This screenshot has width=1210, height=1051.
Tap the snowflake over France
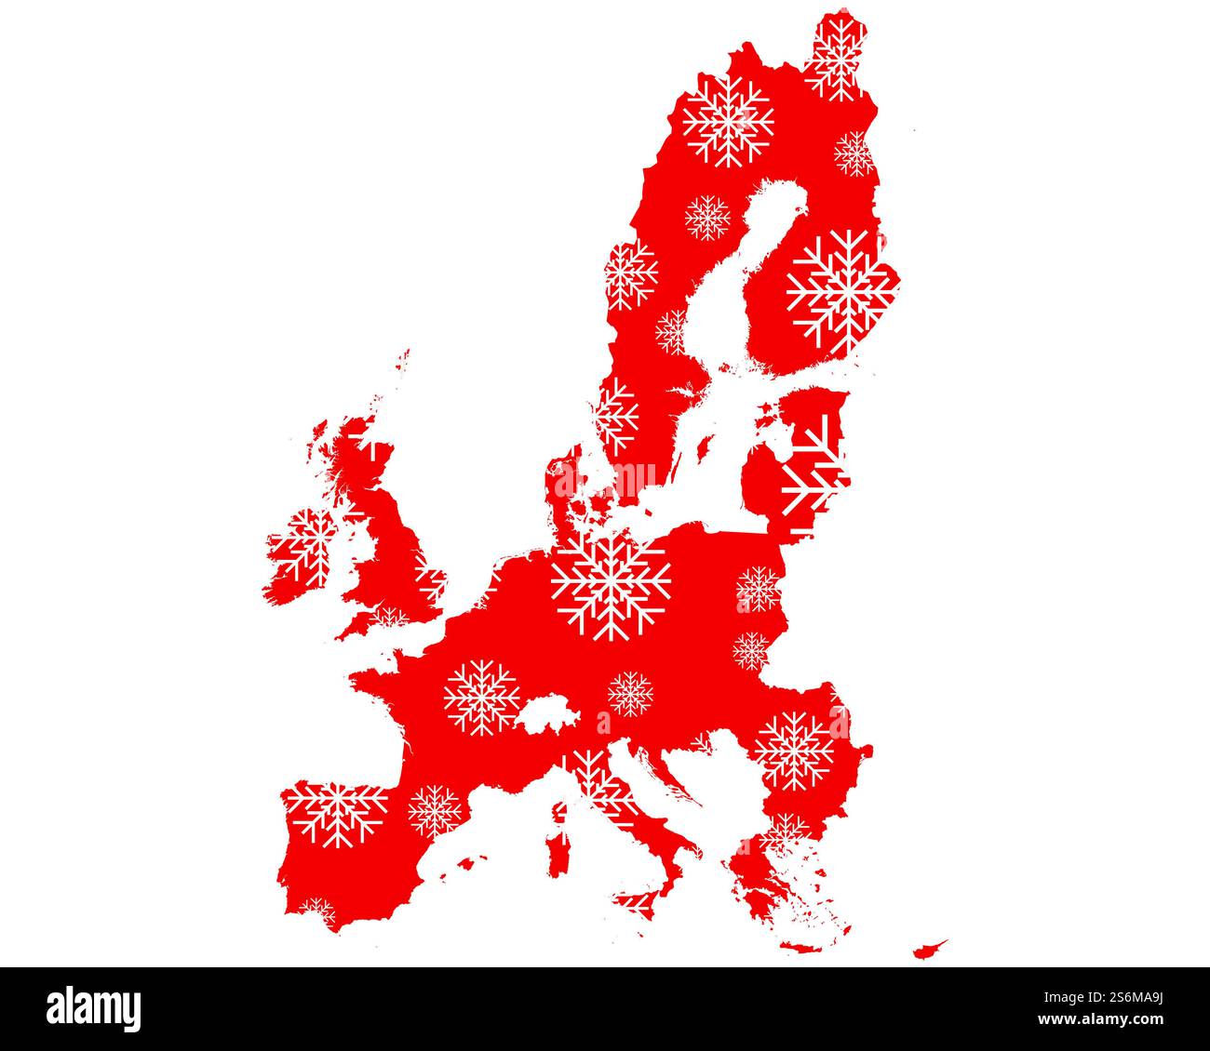coord(481,698)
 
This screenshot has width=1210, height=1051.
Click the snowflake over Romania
coord(794,750)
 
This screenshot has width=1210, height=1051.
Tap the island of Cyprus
coord(929,949)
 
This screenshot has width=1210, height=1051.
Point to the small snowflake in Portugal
coord(317,911)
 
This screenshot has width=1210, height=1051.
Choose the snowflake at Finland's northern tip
coord(835,58)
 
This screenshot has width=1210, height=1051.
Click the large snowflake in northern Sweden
coord(728,121)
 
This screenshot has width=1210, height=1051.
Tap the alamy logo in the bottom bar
coord(94,1008)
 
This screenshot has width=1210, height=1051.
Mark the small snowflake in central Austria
coord(630,694)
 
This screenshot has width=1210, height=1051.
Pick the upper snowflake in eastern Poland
coord(759,589)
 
